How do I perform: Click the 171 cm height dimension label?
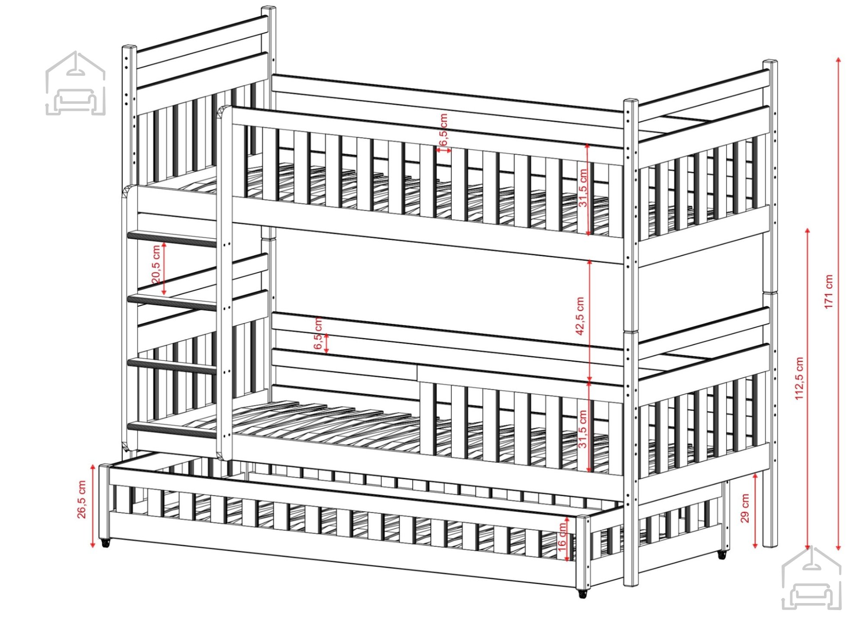[x=829, y=291]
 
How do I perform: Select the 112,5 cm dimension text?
[x=799, y=378]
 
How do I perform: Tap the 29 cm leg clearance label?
[x=745, y=508]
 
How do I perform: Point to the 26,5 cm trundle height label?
[x=81, y=499]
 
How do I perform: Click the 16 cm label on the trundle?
[x=562, y=535]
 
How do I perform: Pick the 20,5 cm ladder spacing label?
[x=156, y=264]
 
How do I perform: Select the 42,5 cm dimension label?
[x=580, y=315]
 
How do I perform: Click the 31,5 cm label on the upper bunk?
[x=583, y=188]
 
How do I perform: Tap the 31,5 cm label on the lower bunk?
[x=583, y=429]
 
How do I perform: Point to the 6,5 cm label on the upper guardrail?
[x=443, y=129]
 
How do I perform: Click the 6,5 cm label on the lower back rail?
[x=318, y=333]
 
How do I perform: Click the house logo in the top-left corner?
[x=75, y=83]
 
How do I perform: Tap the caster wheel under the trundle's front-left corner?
[x=105, y=543]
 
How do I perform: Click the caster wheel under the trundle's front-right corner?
[x=583, y=593]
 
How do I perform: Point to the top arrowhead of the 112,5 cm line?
[x=808, y=231]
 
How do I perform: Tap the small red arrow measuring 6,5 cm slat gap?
[x=443, y=150]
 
